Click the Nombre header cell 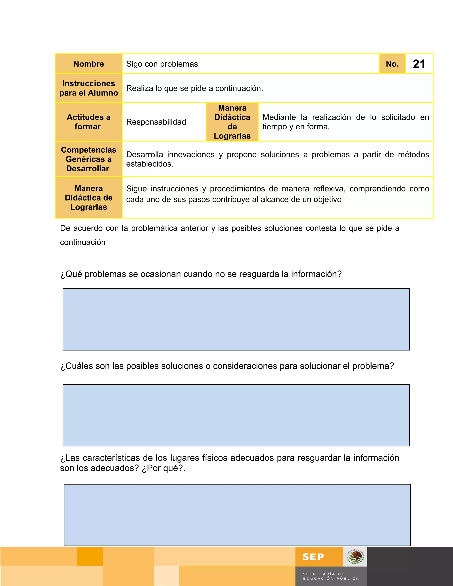coord(88,64)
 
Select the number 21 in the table coord(419,64)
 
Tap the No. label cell coord(392,64)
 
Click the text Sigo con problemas coord(162,64)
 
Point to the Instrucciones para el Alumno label coord(88,88)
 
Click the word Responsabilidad coord(156,122)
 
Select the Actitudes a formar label coord(88,122)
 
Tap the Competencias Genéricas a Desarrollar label coord(88,159)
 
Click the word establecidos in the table coord(150,164)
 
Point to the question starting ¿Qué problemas coord(201,274)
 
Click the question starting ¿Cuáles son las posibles coord(227,366)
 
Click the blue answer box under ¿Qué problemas coord(236,319)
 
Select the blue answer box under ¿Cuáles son coord(236,415)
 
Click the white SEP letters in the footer coord(313,557)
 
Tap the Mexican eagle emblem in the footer coord(355,557)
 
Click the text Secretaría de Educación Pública coord(331,576)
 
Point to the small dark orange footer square coord(90,556)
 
